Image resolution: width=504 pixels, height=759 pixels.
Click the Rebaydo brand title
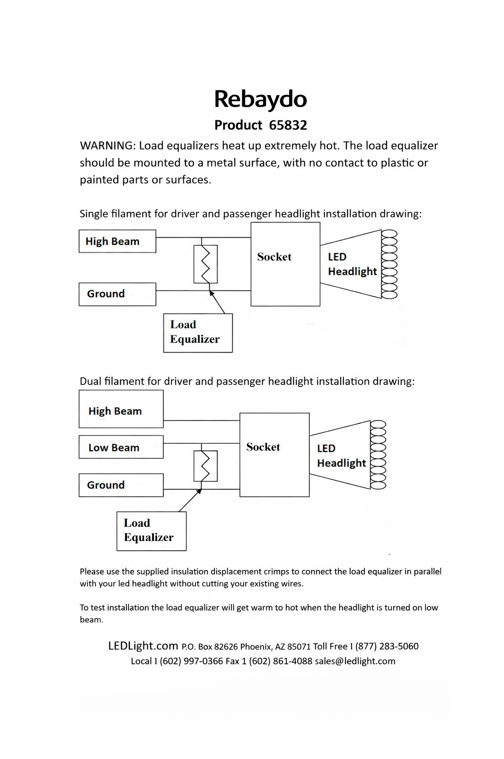260,99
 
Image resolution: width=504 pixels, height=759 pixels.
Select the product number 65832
288,125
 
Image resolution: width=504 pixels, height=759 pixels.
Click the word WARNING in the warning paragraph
107,146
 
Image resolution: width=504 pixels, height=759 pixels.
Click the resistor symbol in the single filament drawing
206,264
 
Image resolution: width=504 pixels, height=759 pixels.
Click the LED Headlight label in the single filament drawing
352,264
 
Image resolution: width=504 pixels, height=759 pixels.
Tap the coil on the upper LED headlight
389,264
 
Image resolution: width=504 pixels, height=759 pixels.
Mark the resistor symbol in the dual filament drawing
206,466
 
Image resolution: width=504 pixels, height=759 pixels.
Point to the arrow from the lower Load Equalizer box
190,500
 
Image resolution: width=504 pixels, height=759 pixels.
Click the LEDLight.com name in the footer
143,646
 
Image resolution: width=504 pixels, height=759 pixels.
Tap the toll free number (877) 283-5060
387,646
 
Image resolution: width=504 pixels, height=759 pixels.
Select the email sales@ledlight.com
355,661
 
